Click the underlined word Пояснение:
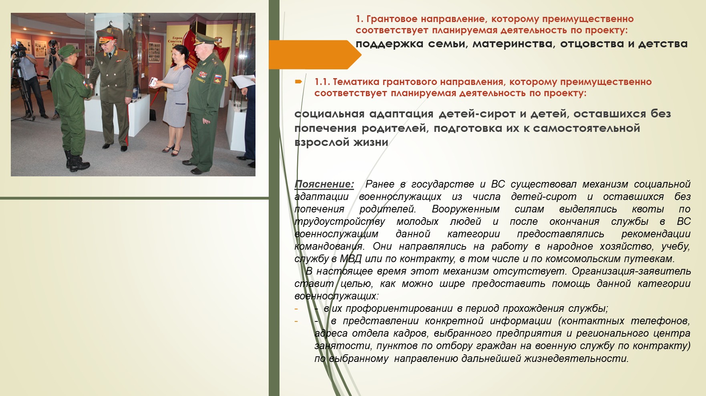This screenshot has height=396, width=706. click(x=324, y=184)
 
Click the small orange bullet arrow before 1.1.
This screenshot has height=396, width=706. click(x=298, y=82)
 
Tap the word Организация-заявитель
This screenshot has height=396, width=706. click(x=631, y=271)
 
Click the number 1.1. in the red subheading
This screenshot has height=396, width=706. click(x=322, y=82)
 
